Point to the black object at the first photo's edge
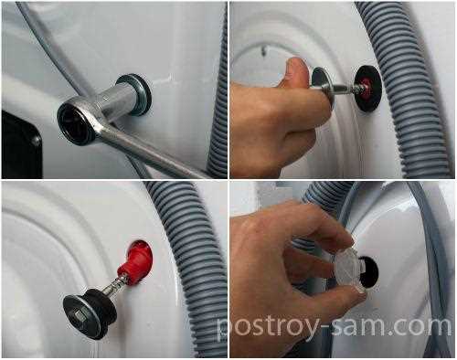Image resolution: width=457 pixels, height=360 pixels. pos(21,144)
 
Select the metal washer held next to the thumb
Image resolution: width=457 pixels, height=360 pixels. pos(324,85)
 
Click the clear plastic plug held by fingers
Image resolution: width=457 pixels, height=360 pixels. pos(346,268)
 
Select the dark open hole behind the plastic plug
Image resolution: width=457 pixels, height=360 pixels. pos(369,271)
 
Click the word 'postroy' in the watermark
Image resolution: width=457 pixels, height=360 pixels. pos(267,327)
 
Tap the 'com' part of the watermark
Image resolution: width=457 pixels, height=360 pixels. pos(421,326)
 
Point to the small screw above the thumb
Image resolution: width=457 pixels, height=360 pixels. pos(264,48)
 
